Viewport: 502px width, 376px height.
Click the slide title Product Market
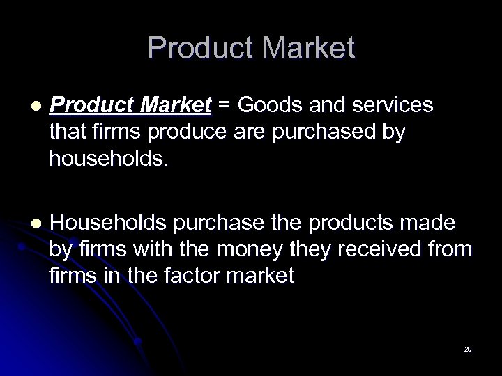click(251, 48)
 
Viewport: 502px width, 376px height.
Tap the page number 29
click(467, 349)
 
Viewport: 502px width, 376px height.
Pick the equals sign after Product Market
click(225, 105)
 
